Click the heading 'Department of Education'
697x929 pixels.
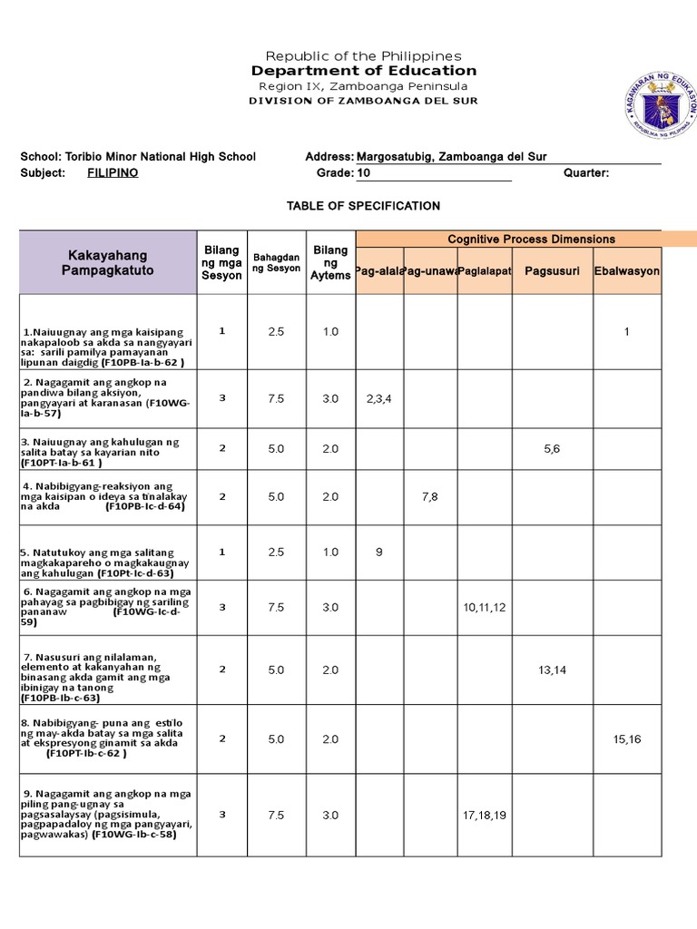coord(363,71)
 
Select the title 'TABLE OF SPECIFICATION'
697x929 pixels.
coord(363,206)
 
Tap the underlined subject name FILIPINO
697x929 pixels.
coord(113,172)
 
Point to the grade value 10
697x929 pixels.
coord(364,172)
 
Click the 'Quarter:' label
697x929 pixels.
coord(586,172)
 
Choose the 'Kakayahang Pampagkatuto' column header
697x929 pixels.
coord(107,263)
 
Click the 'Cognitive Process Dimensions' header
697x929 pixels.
coord(531,240)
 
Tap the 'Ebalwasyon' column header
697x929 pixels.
coord(627,271)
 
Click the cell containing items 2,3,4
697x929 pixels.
coord(378,398)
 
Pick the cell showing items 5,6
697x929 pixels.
coord(552,448)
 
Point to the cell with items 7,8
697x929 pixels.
coord(429,496)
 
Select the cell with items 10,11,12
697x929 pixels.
coord(484,607)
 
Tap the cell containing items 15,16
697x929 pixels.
coord(626,738)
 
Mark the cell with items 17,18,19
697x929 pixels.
coord(484,815)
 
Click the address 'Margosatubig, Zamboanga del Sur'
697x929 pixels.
coord(452,157)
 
